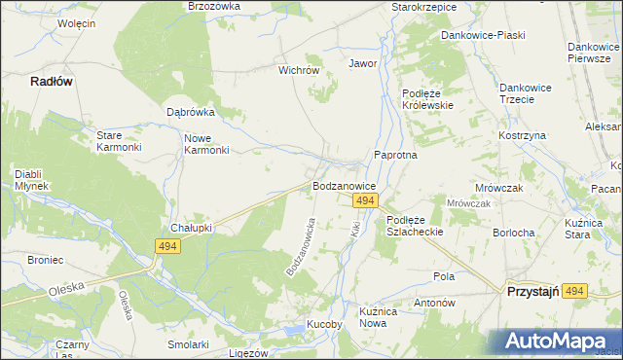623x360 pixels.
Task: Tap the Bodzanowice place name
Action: [344, 184]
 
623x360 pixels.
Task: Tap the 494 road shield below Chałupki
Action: [167, 248]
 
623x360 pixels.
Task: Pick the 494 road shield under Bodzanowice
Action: [365, 200]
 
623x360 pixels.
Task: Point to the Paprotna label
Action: [395, 156]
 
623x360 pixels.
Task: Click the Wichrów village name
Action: [299, 70]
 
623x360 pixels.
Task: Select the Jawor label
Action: [362, 63]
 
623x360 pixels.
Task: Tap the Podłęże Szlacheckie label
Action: [415, 226]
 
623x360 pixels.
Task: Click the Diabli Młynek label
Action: [34, 180]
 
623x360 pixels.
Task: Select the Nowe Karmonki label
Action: [206, 144]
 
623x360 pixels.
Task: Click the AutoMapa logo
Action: [556, 342]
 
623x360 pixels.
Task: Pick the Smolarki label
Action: [188, 344]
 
